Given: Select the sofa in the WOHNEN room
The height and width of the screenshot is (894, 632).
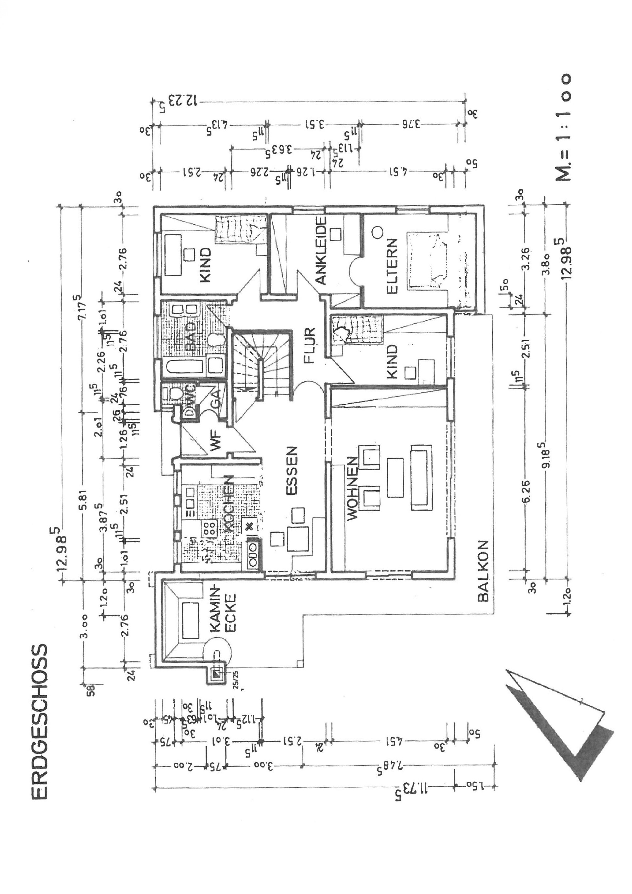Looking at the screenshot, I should point(421,477).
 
